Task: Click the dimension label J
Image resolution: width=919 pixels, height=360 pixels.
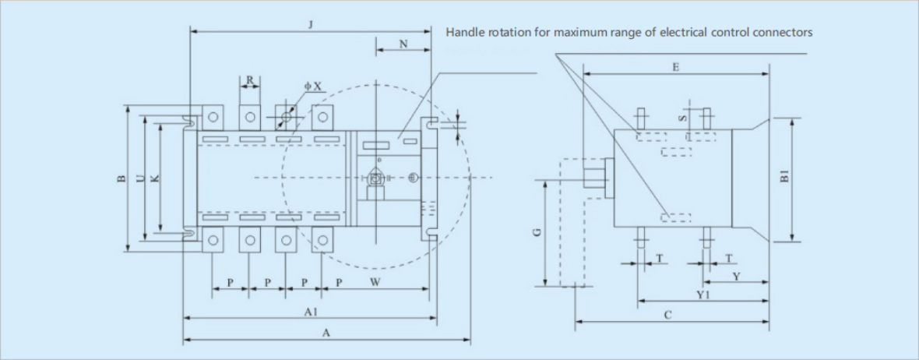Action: [310, 25]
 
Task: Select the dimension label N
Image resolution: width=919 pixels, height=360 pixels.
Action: [403, 44]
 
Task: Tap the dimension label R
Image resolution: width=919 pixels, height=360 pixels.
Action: [249, 79]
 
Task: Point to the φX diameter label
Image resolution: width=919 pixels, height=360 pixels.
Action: [312, 85]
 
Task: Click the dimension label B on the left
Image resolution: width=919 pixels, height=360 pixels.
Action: [121, 179]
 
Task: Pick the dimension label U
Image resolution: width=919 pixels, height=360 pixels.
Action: [139, 178]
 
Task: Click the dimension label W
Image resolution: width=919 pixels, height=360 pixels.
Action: [375, 282]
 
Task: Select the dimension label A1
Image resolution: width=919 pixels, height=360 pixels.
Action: [309, 312]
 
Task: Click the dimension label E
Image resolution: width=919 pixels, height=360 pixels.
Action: [675, 68]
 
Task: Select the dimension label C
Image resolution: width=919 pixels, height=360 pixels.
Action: [668, 315]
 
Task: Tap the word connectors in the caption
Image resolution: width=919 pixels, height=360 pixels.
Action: [783, 33]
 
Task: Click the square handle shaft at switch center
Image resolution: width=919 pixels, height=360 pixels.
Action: [375, 178]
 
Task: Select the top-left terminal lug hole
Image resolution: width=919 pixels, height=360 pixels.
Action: [213, 118]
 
